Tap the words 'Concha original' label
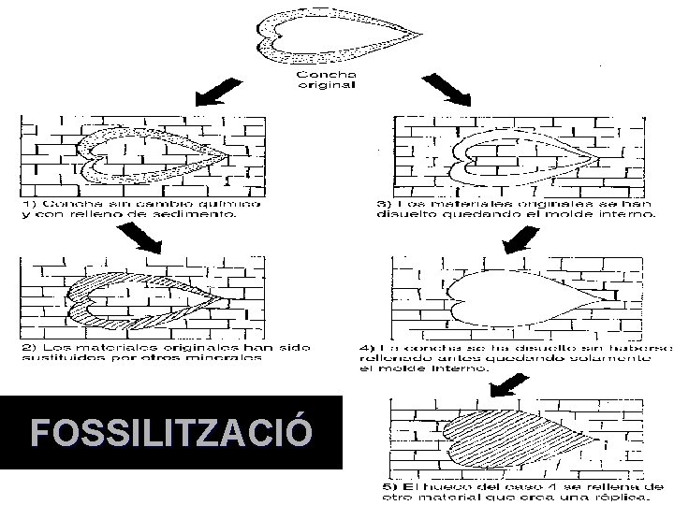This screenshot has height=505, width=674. [x=326, y=79]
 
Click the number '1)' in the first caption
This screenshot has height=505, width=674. [x=29, y=202]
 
